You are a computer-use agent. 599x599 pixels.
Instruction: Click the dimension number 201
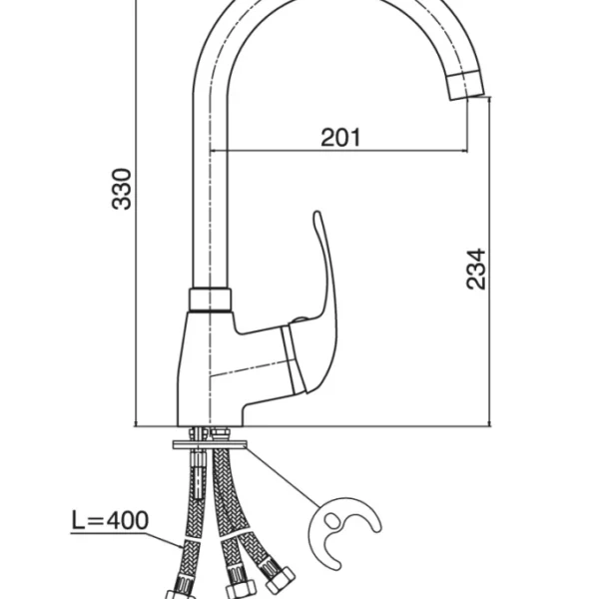tap(340, 138)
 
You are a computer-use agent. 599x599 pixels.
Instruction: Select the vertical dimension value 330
tap(121, 189)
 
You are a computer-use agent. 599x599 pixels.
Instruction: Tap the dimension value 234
tap(476, 268)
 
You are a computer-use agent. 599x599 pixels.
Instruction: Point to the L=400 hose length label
tap(111, 520)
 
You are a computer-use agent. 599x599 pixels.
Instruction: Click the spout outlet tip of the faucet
tap(467, 85)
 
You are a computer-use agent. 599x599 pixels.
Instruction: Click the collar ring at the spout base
tap(210, 299)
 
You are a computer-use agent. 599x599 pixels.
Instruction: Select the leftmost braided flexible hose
tap(190, 529)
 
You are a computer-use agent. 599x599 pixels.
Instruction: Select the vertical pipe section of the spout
tap(211, 180)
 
